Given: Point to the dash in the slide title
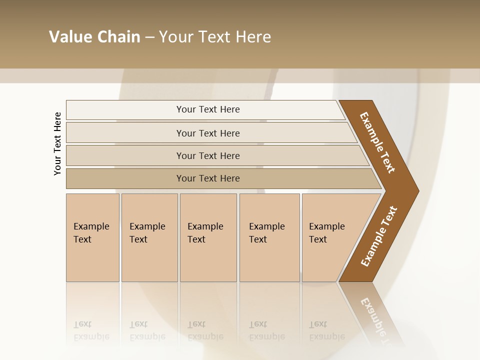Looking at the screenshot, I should coord(149,37).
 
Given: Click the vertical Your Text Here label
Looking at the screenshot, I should coord(57,143).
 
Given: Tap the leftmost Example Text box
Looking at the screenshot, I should coord(92,237).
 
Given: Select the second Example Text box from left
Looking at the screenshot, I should coord(149,237).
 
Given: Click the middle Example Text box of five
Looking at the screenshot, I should coord(208,237).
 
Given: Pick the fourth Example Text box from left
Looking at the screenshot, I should coord(269,237).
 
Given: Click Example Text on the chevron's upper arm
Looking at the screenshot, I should coord(377,142).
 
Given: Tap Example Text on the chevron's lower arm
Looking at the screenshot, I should coord(379,236).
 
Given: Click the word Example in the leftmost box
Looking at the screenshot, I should coord(91,226).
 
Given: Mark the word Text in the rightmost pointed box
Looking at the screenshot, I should coord(317,239).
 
